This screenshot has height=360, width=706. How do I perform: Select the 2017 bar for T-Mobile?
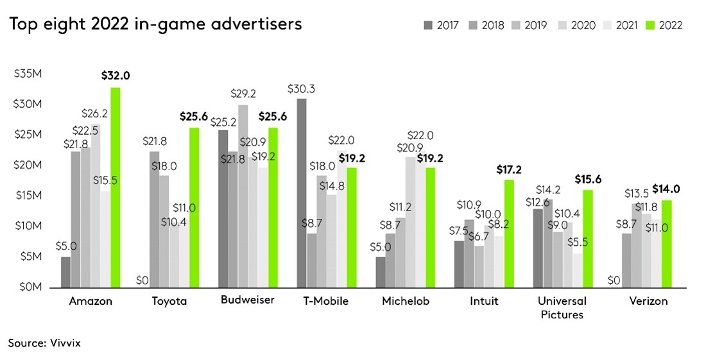pyautogui.click(x=302, y=193)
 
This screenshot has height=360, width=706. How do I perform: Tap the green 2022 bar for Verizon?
pyautogui.click(x=666, y=243)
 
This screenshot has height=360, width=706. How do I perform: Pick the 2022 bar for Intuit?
pyautogui.click(x=509, y=234)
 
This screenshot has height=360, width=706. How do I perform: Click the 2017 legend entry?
pyautogui.click(x=440, y=26)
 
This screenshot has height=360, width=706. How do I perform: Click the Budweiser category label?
pyautogui.click(x=248, y=300)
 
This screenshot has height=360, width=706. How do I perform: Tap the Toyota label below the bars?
pyautogui.click(x=169, y=302)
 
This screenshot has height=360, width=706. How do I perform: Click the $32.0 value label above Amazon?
pyautogui.click(x=116, y=75)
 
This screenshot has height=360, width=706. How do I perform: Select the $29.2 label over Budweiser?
pyautogui.click(x=243, y=92)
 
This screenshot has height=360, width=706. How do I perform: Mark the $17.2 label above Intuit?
pyautogui.click(x=509, y=169)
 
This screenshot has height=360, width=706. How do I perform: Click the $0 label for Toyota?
pyautogui.click(x=141, y=280)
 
